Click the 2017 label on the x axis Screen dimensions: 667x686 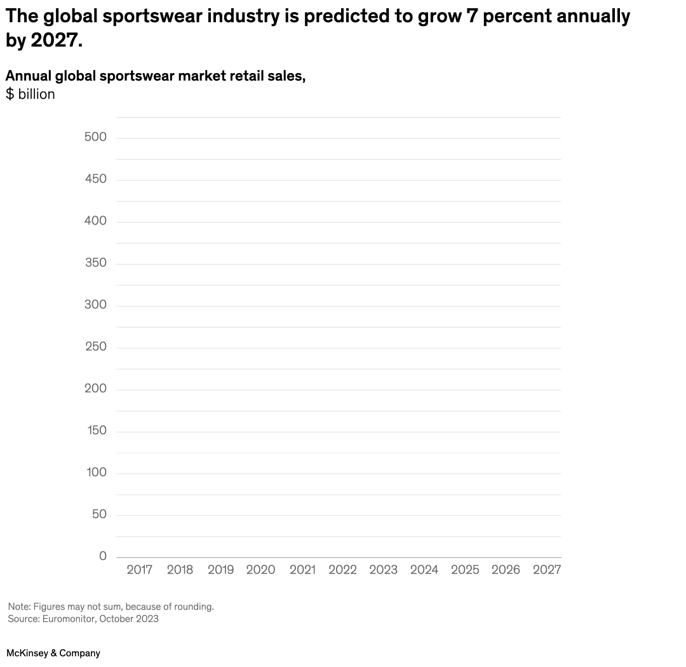(139, 570)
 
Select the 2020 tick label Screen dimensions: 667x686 (261, 570)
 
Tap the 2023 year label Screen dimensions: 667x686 (383, 570)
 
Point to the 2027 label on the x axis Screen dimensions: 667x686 (546, 570)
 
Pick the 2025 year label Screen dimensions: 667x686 (465, 570)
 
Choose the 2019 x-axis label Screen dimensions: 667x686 (220, 570)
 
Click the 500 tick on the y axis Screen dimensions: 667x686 (95, 137)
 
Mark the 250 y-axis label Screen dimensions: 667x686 (95, 347)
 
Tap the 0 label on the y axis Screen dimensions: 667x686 (103, 556)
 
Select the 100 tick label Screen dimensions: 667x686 (95, 472)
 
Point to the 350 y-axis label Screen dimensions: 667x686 (95, 263)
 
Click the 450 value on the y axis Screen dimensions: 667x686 (95, 179)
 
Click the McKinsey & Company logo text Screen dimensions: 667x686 (53, 653)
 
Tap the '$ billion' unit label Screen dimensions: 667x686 (30, 95)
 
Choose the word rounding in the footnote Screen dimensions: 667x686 (194, 607)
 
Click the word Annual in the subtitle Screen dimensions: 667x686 (28, 76)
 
